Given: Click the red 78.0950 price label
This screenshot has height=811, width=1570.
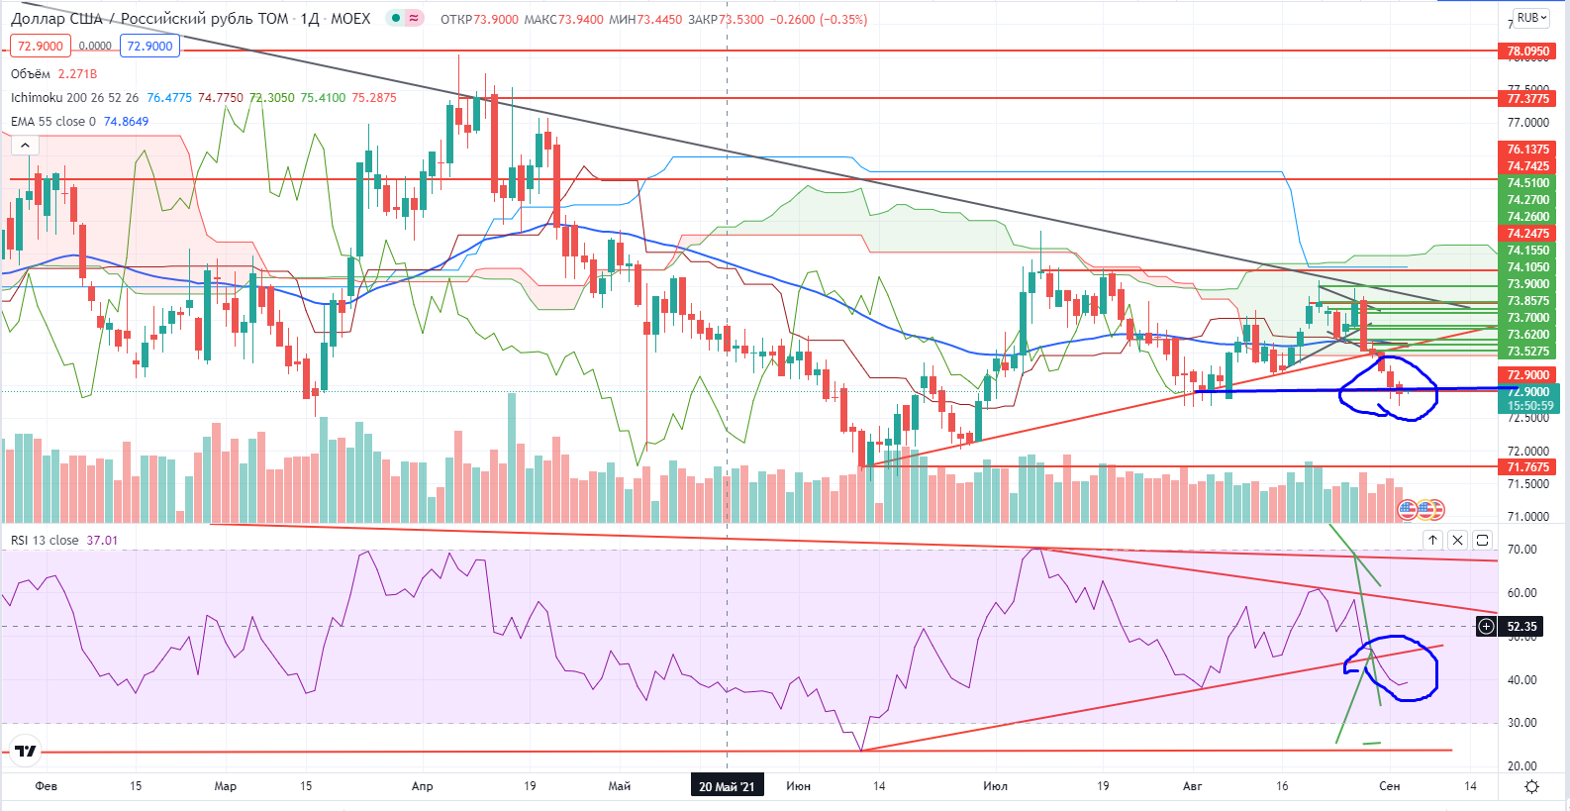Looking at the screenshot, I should [1527, 51].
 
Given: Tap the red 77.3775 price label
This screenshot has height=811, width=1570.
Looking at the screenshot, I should [1527, 98].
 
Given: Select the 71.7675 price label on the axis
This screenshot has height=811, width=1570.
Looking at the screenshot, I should [1527, 466].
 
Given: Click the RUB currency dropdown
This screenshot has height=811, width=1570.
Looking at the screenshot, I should [1531, 18].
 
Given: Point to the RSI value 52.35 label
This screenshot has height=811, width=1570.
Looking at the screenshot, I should [1521, 626].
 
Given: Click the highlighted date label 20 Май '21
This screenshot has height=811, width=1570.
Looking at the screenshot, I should [727, 786].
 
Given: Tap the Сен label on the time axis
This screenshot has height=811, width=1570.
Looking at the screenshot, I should [1390, 786].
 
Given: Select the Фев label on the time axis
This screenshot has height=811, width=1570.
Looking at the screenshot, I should [46, 786].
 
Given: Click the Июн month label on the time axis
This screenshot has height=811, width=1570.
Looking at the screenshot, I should [798, 786].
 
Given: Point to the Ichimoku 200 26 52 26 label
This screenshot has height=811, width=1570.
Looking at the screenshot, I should [74, 98].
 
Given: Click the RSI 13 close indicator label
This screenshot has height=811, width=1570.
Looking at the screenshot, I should [45, 541].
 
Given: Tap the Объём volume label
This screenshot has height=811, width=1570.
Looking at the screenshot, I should [31, 74].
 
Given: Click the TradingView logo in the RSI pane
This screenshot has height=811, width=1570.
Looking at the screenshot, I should [25, 751].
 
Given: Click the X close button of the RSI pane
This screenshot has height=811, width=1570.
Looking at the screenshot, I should [1457, 540].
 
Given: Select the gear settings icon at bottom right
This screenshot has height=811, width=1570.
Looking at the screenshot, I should [1531, 786].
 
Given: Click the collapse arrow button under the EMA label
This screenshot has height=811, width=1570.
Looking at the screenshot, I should [25, 146].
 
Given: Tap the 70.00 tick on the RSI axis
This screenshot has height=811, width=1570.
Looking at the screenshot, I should [1521, 550].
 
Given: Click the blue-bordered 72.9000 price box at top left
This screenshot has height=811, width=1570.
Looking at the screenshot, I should [149, 46].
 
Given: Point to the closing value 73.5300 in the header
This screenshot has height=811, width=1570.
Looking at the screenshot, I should [741, 19].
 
